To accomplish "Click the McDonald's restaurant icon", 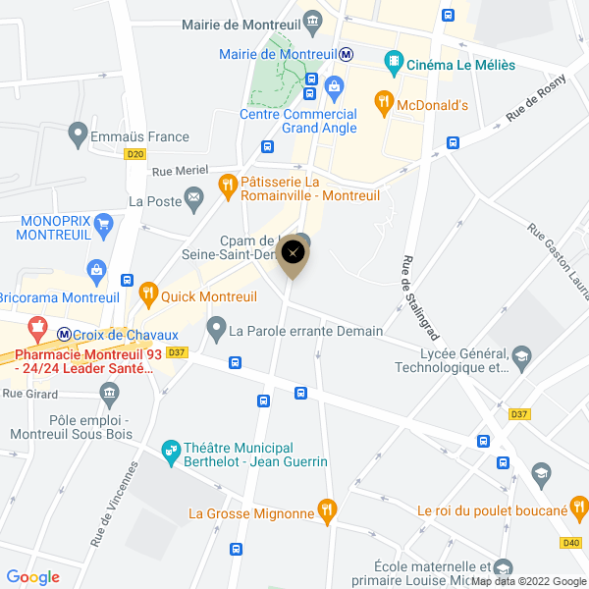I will click(x=384, y=100).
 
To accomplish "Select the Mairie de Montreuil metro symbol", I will click(x=346, y=54).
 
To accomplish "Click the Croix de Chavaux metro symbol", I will click(x=64, y=334).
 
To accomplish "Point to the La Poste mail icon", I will click(x=193, y=201).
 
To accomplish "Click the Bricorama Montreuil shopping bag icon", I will click(x=96, y=269).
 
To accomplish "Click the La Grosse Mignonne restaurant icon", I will click(x=328, y=510).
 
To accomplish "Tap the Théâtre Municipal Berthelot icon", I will click(x=172, y=450).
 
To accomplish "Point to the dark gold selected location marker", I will click(x=291, y=257).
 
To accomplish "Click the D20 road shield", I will click(x=135, y=154).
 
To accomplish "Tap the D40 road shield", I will click(x=571, y=542).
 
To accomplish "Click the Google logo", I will click(x=32, y=577).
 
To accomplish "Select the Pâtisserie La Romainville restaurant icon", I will click(x=227, y=184).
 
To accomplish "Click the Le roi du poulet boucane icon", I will click(x=579, y=509).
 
